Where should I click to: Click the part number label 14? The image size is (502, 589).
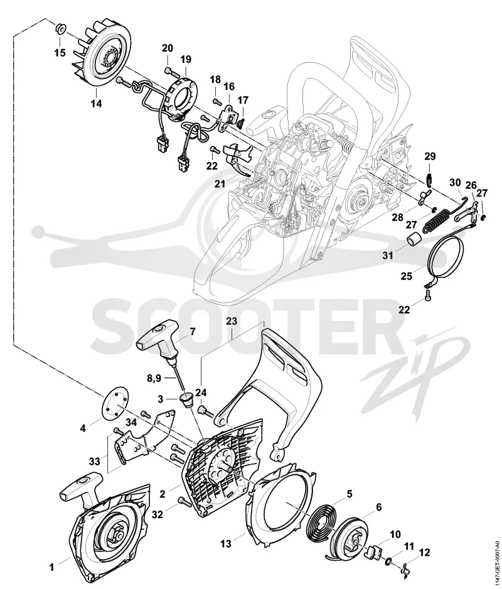pyautogui.click(x=97, y=104)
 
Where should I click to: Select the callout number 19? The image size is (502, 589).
pyautogui.click(x=186, y=60)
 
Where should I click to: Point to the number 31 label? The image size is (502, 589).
pyautogui.click(x=388, y=256)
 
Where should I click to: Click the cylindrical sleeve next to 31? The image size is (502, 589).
pyautogui.click(x=414, y=239)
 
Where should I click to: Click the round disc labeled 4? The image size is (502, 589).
pyautogui.click(x=115, y=405)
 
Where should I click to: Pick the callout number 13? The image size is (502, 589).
pyautogui.click(x=226, y=543)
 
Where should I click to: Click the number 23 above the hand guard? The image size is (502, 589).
pyautogui.click(x=232, y=321)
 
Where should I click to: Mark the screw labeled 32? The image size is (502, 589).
pyautogui.click(x=183, y=500)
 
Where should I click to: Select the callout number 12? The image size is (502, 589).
pyautogui.click(x=424, y=553)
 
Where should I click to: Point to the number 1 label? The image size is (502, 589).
pyautogui.click(x=52, y=567)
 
